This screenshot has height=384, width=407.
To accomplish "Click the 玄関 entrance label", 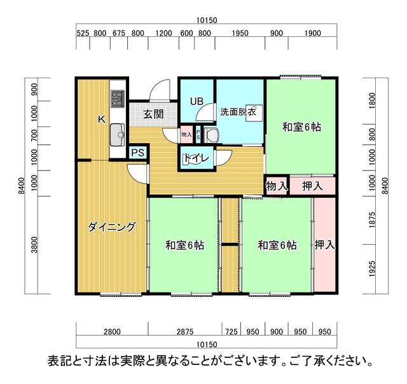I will (153, 114).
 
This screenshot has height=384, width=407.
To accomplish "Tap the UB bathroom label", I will (196, 101).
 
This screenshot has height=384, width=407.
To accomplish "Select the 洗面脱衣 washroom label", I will (238, 112).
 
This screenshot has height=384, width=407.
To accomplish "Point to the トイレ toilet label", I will (196, 160).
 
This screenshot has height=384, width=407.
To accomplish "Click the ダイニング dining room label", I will (111, 227).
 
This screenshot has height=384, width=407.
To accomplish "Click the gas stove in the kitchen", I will (118, 99).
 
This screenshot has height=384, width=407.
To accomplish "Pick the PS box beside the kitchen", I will (137, 153).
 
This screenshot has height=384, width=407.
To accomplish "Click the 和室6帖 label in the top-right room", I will (301, 127).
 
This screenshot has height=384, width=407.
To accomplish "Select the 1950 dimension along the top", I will (240, 34).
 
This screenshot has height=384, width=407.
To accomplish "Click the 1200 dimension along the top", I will (163, 34).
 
